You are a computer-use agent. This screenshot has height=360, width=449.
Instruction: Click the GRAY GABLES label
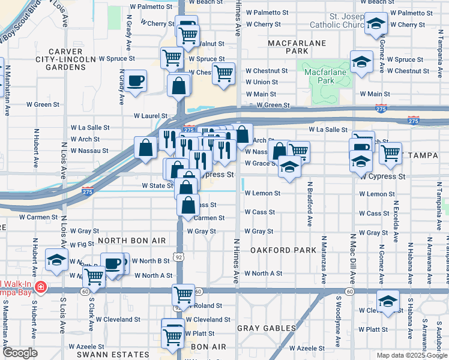click(267, 328)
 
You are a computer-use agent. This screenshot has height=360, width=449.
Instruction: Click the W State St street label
click(157, 186)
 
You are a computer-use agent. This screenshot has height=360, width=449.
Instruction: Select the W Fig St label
click(82, 244)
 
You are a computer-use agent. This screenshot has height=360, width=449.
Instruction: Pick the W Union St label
click(262, 82)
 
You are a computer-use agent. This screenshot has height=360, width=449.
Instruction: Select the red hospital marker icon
click(40, 287)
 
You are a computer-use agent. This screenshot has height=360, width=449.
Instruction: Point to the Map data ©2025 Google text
click(411, 355)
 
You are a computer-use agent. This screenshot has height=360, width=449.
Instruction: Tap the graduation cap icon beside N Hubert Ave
click(56, 259)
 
